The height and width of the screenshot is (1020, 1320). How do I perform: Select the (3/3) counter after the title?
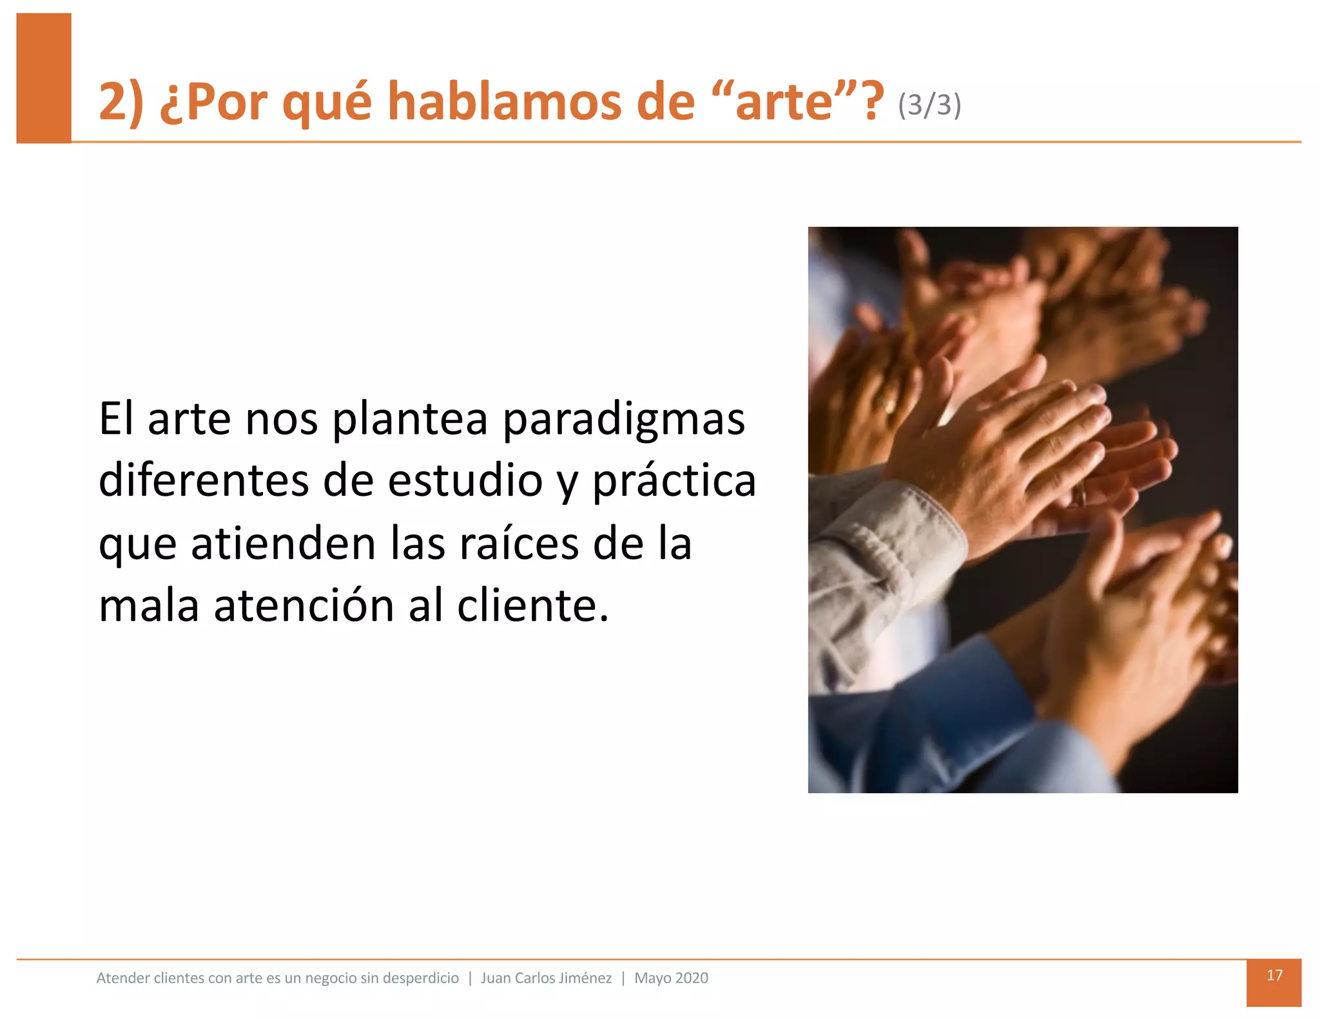(x=929, y=105)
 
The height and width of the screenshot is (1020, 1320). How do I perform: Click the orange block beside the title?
(x=43, y=77)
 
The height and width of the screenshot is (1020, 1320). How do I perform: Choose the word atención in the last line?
(x=304, y=606)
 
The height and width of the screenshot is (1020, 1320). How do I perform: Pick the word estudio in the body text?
(x=465, y=481)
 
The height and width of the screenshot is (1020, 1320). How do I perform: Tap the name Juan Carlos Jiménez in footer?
(x=546, y=978)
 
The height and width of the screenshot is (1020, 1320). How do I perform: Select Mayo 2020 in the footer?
(x=671, y=978)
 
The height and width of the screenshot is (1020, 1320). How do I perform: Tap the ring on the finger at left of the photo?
(x=888, y=404)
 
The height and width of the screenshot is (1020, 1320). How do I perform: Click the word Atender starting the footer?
(x=120, y=978)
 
